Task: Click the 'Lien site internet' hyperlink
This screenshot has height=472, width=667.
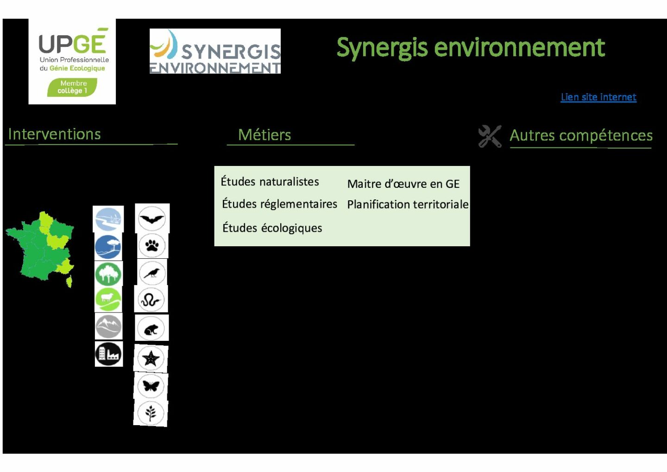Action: (598, 97)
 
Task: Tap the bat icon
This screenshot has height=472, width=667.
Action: (152, 218)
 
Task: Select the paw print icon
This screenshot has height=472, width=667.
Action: (152, 246)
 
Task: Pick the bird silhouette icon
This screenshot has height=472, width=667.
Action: (152, 273)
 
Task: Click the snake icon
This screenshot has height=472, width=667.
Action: (151, 300)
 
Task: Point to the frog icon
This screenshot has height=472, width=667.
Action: (151, 328)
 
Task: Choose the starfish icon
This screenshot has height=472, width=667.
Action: (151, 357)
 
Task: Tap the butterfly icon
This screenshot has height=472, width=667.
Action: (151, 386)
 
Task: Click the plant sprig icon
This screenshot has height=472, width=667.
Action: (151, 413)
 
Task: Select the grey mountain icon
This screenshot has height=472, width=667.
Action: (108, 326)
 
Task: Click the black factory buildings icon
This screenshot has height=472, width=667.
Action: (108, 354)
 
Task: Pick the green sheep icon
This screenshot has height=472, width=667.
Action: (108, 300)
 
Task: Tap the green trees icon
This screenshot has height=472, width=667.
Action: (108, 274)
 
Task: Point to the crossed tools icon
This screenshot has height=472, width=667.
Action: (490, 136)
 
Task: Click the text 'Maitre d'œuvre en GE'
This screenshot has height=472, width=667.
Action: (403, 184)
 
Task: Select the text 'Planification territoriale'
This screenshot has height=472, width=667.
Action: (408, 204)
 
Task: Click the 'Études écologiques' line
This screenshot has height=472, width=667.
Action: (272, 228)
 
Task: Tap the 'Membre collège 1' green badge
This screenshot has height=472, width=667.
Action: (72, 87)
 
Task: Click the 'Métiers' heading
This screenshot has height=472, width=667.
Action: (264, 134)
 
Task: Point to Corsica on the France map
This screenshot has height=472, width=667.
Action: (69, 281)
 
